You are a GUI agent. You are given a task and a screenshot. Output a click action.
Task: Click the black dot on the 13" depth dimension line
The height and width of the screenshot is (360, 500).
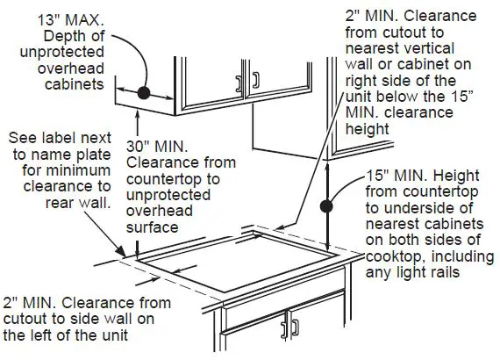pos(146,91)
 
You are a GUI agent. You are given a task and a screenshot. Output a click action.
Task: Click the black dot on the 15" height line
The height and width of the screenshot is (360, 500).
pos(326,206)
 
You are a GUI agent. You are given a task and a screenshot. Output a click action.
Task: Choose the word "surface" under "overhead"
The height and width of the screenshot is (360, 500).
pos(154,227)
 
